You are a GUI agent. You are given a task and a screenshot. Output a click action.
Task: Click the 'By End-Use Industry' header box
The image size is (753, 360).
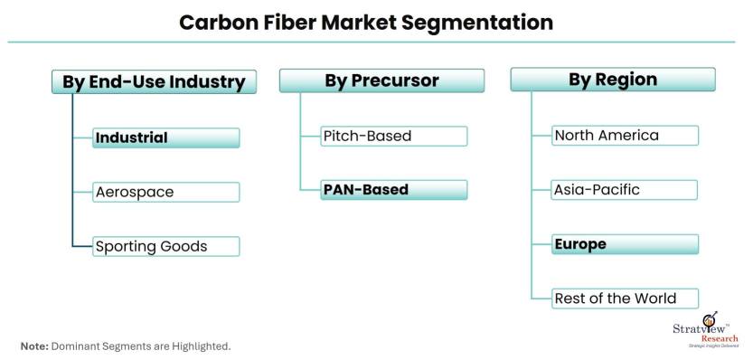point(154,81)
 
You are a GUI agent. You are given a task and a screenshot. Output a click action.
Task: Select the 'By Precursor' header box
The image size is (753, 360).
point(381,81)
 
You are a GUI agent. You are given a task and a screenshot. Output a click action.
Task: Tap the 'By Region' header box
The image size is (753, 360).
point(613,80)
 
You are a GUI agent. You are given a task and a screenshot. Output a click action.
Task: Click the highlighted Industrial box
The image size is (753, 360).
point(165,138)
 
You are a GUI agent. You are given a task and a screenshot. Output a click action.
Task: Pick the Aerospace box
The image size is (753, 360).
point(165,193)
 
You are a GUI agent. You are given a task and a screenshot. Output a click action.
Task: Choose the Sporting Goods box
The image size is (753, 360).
point(165,247)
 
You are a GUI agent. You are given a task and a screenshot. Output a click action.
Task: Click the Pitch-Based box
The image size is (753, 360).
point(394,136)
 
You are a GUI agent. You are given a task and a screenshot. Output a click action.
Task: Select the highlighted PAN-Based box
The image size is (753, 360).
point(394,190)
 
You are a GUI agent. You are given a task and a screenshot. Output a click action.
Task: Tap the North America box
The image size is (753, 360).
point(625,136)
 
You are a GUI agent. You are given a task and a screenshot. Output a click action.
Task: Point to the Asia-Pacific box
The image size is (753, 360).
point(625,190)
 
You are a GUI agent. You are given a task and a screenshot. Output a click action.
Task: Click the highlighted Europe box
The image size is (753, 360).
point(625,244)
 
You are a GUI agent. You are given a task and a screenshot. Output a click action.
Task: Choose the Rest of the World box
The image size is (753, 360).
point(625,298)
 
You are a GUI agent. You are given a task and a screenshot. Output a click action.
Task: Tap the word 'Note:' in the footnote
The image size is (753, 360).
point(34,346)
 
